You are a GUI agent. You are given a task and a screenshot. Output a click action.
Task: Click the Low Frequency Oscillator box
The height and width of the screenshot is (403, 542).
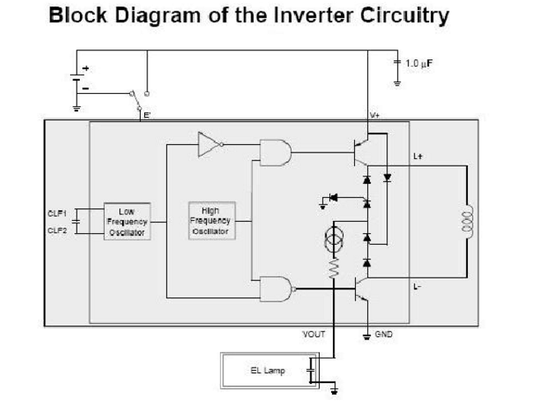(127, 222)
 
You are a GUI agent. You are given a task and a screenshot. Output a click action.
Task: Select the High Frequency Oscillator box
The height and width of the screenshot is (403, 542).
(212, 221)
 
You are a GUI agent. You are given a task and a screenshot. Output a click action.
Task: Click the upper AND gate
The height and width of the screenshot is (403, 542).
(275, 152)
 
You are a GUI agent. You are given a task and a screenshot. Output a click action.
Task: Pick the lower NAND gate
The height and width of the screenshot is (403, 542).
(278, 288)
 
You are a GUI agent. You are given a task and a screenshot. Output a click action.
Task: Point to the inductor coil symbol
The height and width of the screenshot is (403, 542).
(467, 222)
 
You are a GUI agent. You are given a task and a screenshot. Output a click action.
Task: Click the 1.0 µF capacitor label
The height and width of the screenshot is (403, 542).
(418, 63)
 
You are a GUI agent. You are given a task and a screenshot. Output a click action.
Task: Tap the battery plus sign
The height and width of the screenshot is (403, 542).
(86, 68)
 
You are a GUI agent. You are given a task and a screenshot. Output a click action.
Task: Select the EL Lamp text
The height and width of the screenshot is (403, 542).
(268, 371)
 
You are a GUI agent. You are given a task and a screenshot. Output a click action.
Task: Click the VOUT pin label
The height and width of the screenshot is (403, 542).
(314, 334)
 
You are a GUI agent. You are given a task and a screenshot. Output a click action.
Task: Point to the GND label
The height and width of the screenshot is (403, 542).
(384, 334)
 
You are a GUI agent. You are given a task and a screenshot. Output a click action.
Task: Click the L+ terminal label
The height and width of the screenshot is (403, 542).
(418, 157)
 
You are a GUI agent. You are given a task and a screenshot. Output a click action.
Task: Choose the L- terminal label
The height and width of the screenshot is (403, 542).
(418, 287)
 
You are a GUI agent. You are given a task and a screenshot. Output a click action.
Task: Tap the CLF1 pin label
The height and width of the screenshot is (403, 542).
(57, 213)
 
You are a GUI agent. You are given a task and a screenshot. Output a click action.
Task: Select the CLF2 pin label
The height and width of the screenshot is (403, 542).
(57, 231)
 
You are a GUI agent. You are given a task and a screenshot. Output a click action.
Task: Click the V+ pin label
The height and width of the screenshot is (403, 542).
(374, 115)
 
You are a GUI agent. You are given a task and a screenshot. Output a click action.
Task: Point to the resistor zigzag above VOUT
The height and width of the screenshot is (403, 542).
(334, 268)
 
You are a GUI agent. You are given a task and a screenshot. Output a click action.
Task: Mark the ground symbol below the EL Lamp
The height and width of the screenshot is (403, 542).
(334, 391)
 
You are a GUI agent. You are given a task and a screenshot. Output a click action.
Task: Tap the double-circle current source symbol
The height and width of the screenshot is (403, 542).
(334, 239)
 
